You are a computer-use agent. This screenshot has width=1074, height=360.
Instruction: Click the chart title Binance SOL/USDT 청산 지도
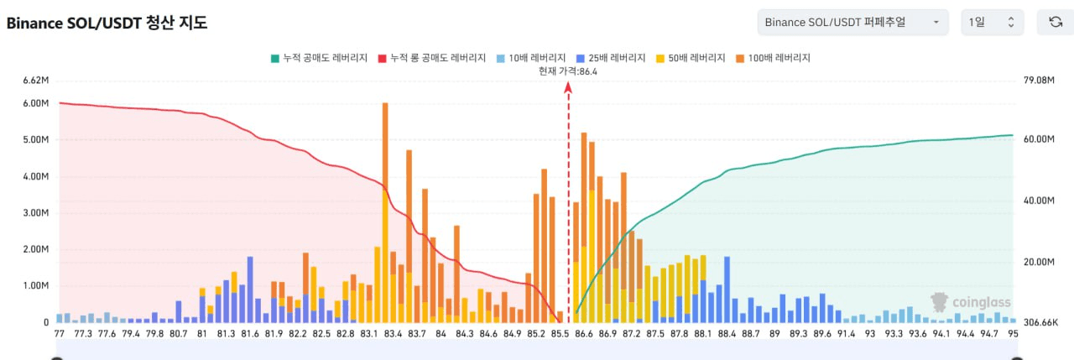click(x=107, y=23)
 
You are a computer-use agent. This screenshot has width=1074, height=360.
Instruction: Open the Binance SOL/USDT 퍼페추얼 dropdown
click(x=852, y=23)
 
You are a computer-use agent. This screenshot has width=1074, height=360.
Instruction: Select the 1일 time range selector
click(x=991, y=23)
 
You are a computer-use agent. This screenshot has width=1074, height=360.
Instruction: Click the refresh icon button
click(x=1055, y=23)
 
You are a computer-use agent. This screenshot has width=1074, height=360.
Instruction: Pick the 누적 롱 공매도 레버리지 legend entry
click(x=433, y=59)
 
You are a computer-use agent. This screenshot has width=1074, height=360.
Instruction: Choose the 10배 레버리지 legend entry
click(x=530, y=59)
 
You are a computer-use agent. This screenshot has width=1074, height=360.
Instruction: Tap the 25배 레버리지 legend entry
click(x=610, y=59)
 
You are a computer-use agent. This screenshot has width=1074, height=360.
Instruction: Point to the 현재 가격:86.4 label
click(x=568, y=72)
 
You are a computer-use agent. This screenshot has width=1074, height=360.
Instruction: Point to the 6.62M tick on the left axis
click(x=36, y=81)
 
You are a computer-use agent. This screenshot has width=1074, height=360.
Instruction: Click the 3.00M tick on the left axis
click(x=36, y=213)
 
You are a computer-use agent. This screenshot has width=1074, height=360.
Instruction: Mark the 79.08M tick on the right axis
click(x=1036, y=81)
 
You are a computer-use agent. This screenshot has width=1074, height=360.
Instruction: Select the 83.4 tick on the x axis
click(x=393, y=334)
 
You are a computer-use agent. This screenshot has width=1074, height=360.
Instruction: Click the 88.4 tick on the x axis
click(x=727, y=334)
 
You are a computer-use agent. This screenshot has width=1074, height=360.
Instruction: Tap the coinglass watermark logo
click(x=971, y=302)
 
